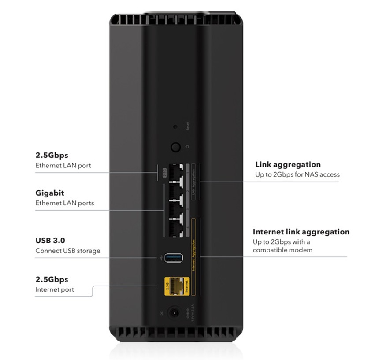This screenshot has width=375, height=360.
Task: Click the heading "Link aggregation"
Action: (288, 165)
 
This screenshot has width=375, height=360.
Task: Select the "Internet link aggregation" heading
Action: (301, 232)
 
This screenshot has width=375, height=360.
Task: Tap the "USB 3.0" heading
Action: (50, 241)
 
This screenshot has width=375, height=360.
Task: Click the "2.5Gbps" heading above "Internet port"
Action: (52, 279)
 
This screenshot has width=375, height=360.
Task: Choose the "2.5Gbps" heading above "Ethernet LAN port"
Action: (52, 156)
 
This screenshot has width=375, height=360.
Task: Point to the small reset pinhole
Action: (175, 127)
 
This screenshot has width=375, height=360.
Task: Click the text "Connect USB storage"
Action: (67, 251)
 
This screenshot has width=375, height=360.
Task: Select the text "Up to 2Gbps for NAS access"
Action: (297, 174)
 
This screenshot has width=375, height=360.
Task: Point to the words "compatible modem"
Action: (282, 250)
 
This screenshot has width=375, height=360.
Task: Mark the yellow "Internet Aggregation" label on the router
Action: (193, 256)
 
